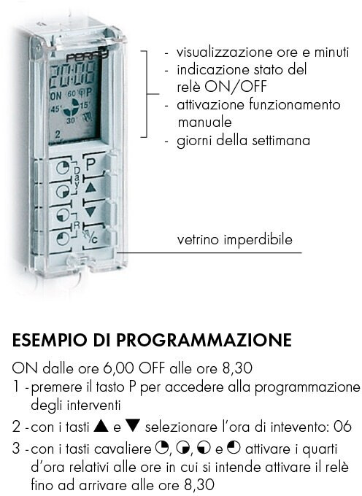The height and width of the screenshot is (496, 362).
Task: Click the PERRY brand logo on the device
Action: (88, 56)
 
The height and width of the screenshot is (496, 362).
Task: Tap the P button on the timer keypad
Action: (91, 164)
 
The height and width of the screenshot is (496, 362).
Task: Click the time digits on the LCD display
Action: (72, 76)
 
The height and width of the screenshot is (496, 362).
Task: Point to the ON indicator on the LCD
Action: (56, 96)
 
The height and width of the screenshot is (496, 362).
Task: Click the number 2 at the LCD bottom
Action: (58, 134)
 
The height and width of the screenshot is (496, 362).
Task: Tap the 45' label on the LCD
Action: (55, 109)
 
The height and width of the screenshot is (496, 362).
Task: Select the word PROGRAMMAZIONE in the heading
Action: (204, 340)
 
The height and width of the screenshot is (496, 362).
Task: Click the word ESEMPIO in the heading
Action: (50, 340)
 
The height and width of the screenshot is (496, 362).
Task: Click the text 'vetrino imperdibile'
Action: (234, 239)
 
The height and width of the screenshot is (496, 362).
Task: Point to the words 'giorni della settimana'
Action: (243, 141)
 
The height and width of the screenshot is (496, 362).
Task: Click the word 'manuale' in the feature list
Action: (205, 122)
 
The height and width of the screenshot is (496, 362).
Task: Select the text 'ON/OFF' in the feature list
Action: (236, 87)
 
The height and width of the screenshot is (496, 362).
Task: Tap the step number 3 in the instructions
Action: (16, 449)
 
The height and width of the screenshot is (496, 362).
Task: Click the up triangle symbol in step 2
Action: (101, 426)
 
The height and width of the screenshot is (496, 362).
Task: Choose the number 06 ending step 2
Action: (343, 427)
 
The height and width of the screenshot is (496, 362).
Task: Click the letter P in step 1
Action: (132, 387)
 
